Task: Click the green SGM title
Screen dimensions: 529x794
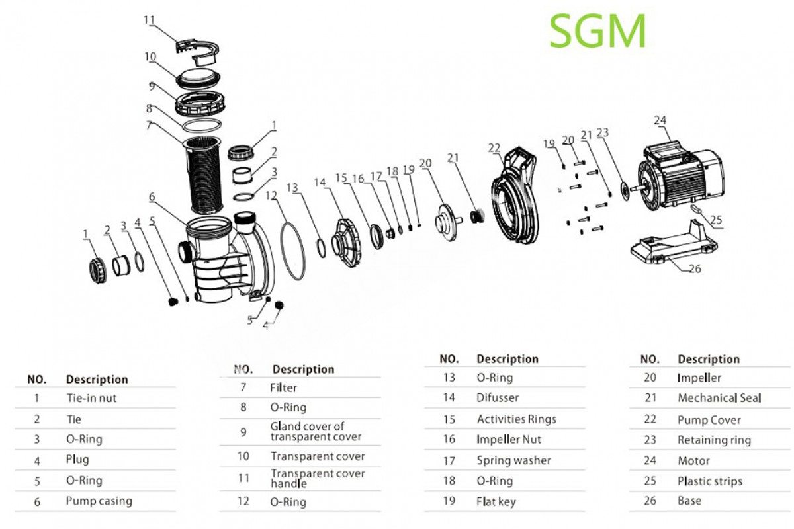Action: (x=597, y=31)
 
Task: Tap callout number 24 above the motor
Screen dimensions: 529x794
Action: (x=660, y=120)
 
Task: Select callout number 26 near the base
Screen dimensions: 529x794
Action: (x=695, y=269)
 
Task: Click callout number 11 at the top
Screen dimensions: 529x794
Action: (x=150, y=20)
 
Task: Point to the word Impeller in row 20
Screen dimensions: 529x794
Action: (x=699, y=378)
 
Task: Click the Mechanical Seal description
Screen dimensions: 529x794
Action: (x=719, y=398)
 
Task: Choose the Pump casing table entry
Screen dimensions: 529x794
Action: (x=99, y=501)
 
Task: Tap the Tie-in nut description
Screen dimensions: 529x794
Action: (x=91, y=398)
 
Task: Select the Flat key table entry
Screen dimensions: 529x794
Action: (x=496, y=501)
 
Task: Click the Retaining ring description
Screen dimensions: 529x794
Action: (x=714, y=440)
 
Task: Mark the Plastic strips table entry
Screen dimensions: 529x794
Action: (x=709, y=481)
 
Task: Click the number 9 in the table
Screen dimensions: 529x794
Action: (x=243, y=432)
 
